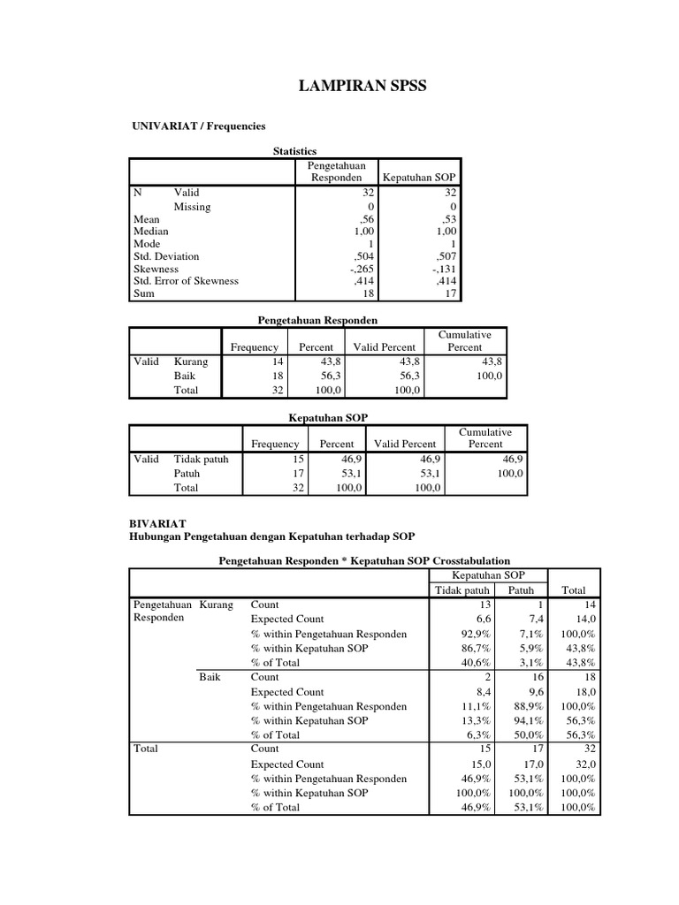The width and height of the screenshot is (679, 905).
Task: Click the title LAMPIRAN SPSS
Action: (363, 86)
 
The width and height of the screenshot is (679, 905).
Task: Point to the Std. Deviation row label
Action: (166, 256)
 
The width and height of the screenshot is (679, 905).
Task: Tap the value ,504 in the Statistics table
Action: (365, 256)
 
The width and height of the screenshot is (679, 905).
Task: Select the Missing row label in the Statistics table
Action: (192, 207)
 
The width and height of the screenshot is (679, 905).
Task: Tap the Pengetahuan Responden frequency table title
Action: (317, 319)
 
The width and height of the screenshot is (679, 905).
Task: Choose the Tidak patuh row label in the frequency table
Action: (202, 459)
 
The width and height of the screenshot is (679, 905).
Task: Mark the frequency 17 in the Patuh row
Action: (297, 473)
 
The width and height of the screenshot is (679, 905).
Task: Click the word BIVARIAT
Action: (159, 523)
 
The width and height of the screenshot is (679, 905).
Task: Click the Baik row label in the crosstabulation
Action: (210, 677)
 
